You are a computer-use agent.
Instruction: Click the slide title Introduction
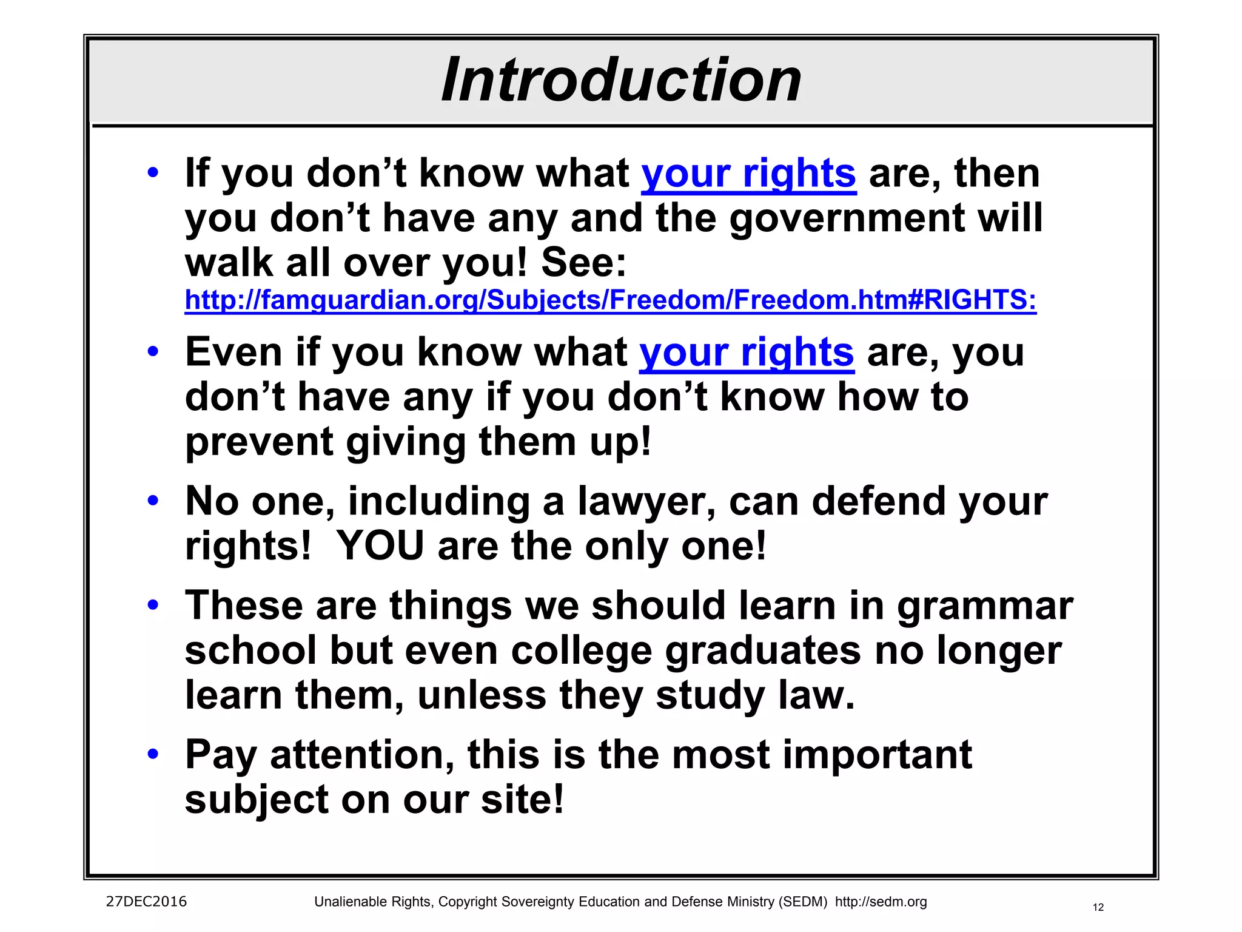[621, 80]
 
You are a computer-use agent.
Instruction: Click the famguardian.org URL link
[610, 300]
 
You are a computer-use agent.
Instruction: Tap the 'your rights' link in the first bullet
[748, 174]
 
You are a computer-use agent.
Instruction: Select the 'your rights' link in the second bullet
[747, 353]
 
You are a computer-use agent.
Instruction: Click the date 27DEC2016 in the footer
[146, 902]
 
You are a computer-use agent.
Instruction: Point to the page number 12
[1098, 908]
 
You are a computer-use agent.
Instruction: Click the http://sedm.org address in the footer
[881, 902]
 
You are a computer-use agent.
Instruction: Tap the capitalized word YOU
[380, 546]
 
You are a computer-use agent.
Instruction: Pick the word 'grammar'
[985, 607]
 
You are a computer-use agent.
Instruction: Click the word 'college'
[582, 652]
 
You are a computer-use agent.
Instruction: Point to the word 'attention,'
[362, 756]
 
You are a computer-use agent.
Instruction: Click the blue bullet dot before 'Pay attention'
[153, 754]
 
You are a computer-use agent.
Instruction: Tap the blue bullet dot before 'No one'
[153, 501]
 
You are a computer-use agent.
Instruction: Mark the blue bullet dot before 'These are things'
[153, 605]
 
